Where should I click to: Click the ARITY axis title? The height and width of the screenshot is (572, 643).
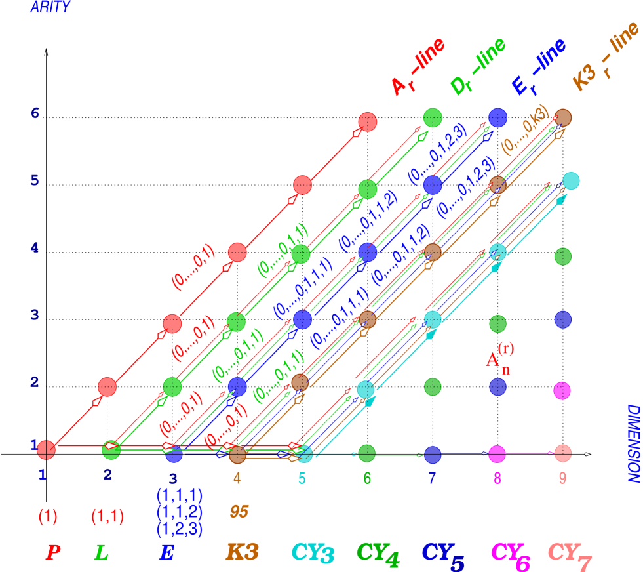coord(50,8)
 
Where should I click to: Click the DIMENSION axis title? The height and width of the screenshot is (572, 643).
coord(633,443)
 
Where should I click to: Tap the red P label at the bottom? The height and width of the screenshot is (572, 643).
coord(53,552)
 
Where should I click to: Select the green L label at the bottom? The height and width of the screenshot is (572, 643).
coord(101,552)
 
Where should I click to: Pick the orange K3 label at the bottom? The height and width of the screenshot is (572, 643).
coord(242,552)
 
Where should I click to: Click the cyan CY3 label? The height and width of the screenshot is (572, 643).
coord(312,554)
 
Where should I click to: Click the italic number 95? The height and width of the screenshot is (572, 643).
coord(239,512)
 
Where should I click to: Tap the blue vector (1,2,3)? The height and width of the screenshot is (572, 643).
coord(179,529)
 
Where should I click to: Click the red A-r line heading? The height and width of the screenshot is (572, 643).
coord(417,67)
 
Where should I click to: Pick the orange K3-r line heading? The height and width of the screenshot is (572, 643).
coord(604,58)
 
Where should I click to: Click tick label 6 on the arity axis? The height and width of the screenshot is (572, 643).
coord(35,113)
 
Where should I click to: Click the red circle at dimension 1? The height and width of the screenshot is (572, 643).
coord(46,449)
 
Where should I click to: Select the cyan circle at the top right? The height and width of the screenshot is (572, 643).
coord(570,181)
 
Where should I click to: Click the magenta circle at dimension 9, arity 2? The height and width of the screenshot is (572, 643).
coord(562,391)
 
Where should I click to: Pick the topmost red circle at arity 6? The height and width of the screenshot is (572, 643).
coord(368,122)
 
